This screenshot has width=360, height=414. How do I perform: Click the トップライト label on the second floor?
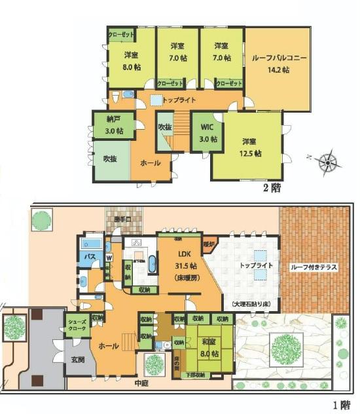point(179,100)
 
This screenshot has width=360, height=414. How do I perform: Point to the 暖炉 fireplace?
point(209,244)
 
